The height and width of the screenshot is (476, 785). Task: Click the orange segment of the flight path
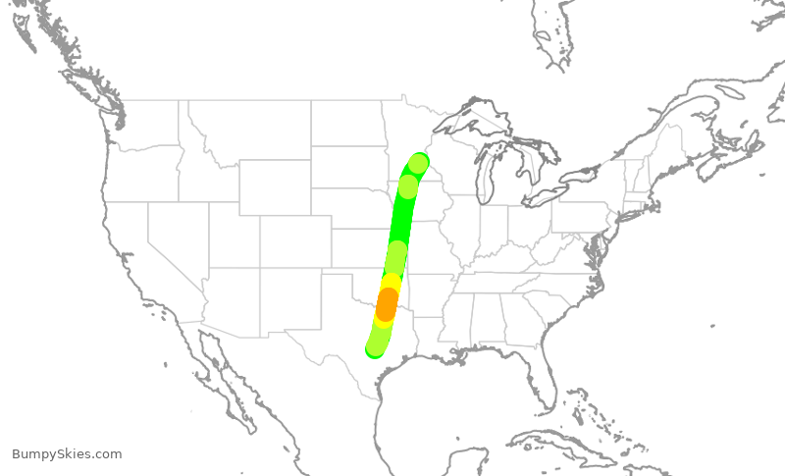(x=387, y=303)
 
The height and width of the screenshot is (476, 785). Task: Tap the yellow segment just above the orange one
(x=392, y=282)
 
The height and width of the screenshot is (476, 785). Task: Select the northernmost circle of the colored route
(x=418, y=163)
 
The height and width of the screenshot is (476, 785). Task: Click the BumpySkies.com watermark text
(x=67, y=453)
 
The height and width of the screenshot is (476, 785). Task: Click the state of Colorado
(x=294, y=240)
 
